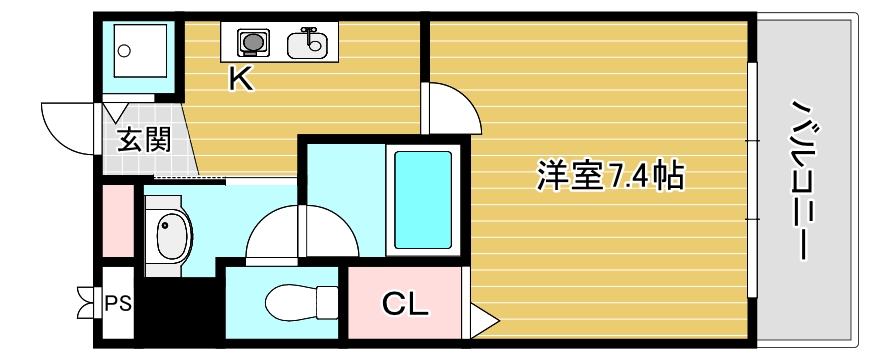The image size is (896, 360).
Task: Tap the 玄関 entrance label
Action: [x=143, y=139]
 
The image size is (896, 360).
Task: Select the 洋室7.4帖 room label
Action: [x=610, y=177]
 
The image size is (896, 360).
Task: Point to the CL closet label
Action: [x=405, y=301]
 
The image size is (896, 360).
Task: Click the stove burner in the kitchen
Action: [x=253, y=43]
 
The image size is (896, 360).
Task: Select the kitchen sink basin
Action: [x=307, y=44]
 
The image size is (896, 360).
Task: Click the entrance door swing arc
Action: [x=68, y=125]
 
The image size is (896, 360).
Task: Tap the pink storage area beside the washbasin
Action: [x=117, y=220]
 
